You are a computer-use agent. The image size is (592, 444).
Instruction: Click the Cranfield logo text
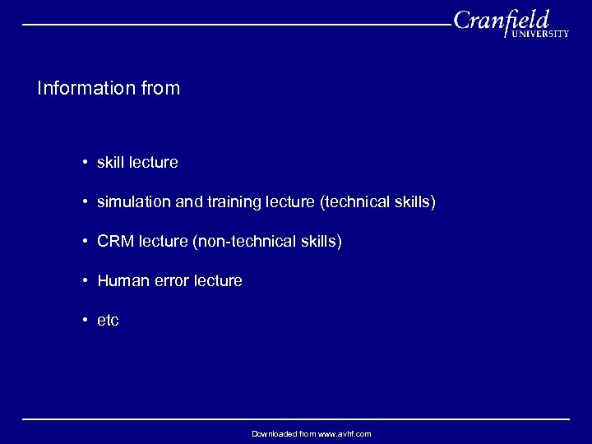coord(501,20)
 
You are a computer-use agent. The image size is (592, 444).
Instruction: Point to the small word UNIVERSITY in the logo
coord(540,34)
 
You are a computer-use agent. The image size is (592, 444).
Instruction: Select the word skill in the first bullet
coord(111,162)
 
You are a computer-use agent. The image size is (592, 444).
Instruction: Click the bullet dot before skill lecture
coord(85,163)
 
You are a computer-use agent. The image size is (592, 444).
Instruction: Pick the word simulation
coord(132,201)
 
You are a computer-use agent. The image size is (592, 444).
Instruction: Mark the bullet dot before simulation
coord(85,202)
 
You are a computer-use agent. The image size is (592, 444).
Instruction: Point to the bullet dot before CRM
coord(85,242)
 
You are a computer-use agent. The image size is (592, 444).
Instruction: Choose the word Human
coord(121,280)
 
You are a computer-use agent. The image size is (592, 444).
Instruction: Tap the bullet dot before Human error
coord(85,281)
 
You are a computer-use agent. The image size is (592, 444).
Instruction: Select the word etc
coord(108,320)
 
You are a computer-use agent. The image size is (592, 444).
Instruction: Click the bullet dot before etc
coord(85,321)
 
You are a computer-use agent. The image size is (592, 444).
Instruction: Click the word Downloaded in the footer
coord(275,433)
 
